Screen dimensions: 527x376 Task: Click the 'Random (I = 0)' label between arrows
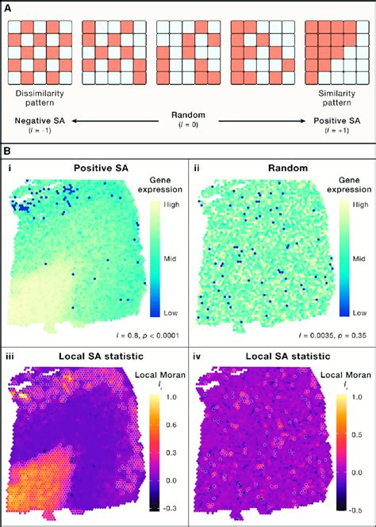click(x=188, y=120)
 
